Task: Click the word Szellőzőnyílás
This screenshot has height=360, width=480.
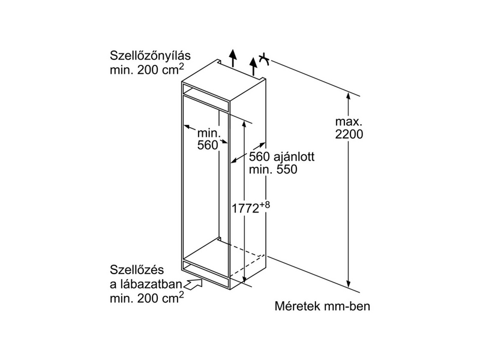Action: pos(149,56)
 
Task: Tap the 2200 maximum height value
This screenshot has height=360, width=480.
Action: pos(349,135)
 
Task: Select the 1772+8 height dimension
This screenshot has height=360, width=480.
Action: pos(247,208)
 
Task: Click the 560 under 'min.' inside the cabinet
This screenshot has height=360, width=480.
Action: pos(207,145)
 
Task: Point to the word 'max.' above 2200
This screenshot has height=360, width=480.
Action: pos(349,122)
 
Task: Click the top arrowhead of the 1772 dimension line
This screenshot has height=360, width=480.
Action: pos(245,122)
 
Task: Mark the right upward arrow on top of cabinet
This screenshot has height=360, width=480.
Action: pos(253,60)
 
